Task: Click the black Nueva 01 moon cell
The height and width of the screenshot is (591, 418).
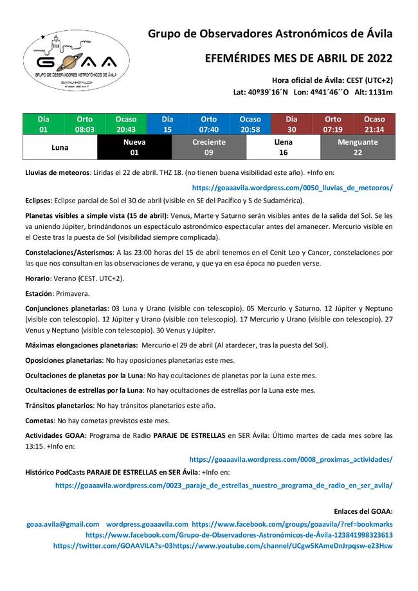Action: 134,147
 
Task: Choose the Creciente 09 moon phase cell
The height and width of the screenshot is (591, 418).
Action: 209,147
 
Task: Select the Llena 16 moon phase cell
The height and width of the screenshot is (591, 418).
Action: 283,147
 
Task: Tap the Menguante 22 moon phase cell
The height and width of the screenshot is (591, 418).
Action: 358,147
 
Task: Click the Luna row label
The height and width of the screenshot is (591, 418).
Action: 60,147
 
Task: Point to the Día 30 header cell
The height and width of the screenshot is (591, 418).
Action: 291,124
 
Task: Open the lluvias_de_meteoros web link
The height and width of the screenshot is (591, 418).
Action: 293,188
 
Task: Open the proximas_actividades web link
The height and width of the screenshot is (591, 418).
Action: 291,460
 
